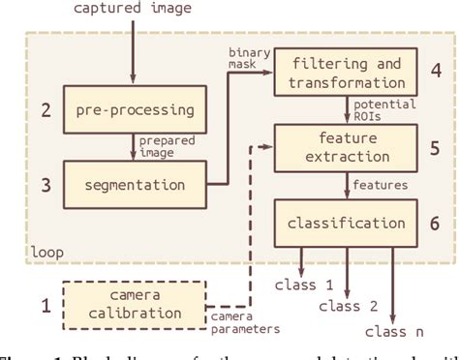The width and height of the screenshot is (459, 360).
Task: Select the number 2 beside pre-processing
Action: click(44, 109)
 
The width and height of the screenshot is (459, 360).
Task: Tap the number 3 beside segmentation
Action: click(44, 181)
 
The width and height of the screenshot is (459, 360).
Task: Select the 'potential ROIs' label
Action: click(385, 109)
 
